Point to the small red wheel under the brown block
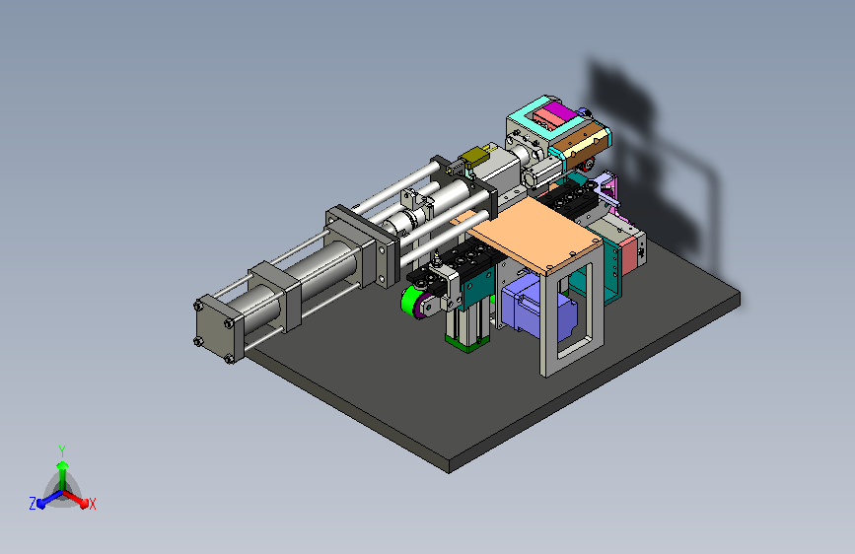tap(587, 164)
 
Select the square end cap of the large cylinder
tap(215, 329)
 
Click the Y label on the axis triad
tap(62, 451)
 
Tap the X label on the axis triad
tap(92, 505)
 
